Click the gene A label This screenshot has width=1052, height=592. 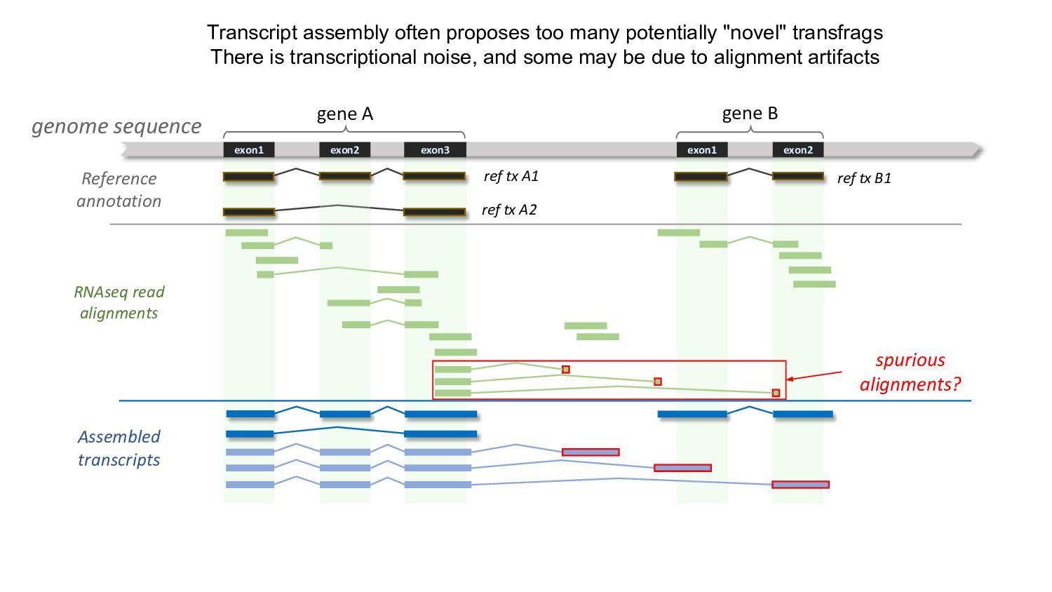(344, 114)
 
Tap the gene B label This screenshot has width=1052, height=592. (750, 114)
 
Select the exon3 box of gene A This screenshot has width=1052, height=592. (435, 150)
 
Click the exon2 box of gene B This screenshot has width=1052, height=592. (798, 150)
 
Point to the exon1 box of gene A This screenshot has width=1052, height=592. (249, 150)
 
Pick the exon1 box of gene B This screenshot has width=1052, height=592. (702, 150)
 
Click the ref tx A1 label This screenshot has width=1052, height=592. (511, 176)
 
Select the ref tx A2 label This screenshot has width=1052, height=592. (509, 210)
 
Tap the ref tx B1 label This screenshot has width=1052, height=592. (864, 178)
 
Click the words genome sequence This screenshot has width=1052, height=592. (116, 126)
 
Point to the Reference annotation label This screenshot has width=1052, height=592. (119, 189)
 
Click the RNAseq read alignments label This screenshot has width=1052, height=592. (119, 302)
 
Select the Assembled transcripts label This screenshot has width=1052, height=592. (119, 448)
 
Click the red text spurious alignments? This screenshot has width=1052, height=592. (910, 372)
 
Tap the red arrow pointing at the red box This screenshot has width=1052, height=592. (814, 376)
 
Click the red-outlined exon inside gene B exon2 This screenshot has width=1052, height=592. (800, 485)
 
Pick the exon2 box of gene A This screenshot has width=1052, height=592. (344, 150)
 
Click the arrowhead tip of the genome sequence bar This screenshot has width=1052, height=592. (981, 149)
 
